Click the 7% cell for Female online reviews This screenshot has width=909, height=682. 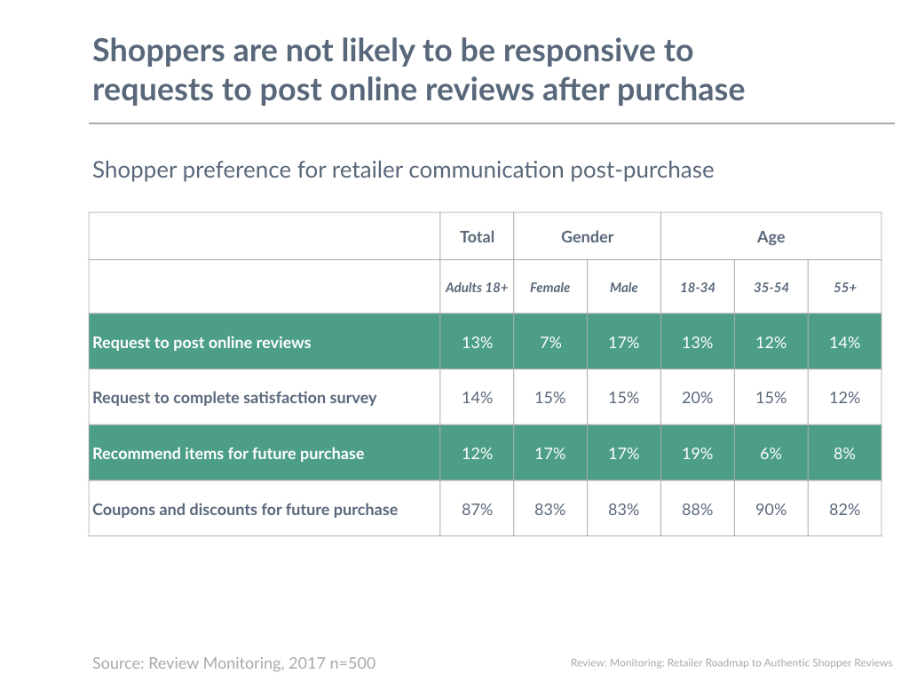click(x=550, y=342)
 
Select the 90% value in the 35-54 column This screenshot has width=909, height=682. click(x=771, y=509)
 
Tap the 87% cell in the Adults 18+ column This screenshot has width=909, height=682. click(x=477, y=509)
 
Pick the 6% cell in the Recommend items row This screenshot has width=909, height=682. click(x=771, y=453)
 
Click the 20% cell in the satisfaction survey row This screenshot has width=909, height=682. click(x=697, y=398)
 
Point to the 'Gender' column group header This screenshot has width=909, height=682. click(x=587, y=237)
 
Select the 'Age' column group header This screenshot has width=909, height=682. click(x=771, y=237)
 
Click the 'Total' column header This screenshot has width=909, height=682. click(x=477, y=237)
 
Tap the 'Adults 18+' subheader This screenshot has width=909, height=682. click(x=477, y=288)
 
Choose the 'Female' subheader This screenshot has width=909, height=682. click(x=550, y=288)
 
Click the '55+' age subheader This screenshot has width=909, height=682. click(x=844, y=288)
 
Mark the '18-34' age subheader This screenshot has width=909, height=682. click(x=697, y=288)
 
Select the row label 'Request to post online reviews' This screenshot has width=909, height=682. click(x=202, y=342)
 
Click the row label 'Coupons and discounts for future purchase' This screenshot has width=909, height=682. click(x=245, y=509)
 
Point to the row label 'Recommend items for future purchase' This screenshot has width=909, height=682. click(x=228, y=453)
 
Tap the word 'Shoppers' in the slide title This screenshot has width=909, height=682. click(x=156, y=51)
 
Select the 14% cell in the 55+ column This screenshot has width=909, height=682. click(x=844, y=342)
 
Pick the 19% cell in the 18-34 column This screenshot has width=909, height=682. click(x=697, y=453)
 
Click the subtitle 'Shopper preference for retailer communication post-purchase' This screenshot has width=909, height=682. click(x=403, y=169)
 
